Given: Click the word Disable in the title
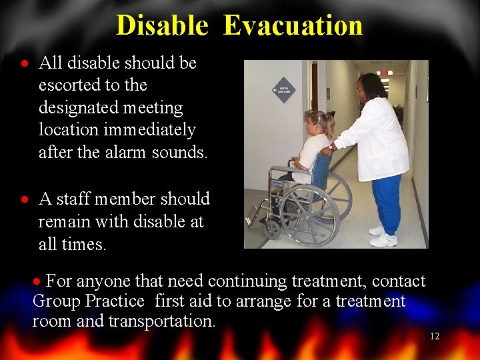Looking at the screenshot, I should pyautogui.click(x=162, y=25).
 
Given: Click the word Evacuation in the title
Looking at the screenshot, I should pyautogui.click(x=293, y=25).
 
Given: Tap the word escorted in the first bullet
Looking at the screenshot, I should pyautogui.click(x=65, y=85).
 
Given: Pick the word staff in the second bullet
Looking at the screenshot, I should pyautogui.click(x=74, y=199).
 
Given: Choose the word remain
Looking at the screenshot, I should pyautogui.click(x=64, y=221).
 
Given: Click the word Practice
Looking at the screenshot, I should pyautogui.click(x=114, y=301).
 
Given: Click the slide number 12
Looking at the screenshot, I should pyautogui.click(x=434, y=337).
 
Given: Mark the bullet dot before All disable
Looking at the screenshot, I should pyautogui.click(x=24, y=65).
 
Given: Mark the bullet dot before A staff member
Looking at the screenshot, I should pyautogui.click(x=24, y=200).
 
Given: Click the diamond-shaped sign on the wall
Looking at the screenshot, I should pyautogui.click(x=284, y=90).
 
